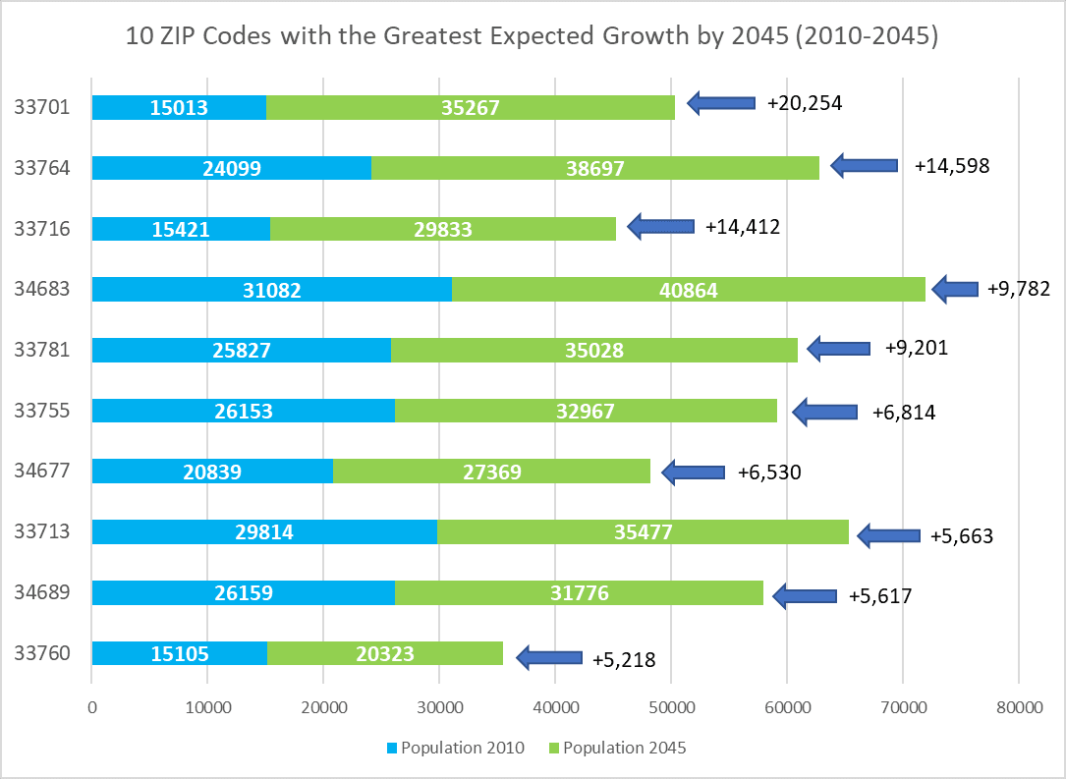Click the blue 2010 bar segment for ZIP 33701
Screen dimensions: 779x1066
(x=179, y=107)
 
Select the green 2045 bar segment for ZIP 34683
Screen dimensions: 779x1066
(x=688, y=290)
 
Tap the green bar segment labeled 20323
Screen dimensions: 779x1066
(x=384, y=654)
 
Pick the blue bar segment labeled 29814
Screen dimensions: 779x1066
(x=264, y=532)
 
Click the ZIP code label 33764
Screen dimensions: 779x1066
(x=41, y=167)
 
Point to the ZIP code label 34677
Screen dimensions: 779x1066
(x=41, y=471)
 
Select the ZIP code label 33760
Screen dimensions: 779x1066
(x=41, y=653)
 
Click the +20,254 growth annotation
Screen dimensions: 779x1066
(x=805, y=102)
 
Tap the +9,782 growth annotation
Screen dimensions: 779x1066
(x=1017, y=289)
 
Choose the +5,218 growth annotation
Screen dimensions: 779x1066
(x=624, y=659)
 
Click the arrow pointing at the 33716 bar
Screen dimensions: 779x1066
(x=661, y=227)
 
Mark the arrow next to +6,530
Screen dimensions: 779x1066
(x=694, y=473)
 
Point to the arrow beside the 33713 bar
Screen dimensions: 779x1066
(x=888, y=535)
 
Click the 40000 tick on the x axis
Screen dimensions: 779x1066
(x=555, y=705)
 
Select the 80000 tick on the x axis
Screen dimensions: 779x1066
(x=1018, y=705)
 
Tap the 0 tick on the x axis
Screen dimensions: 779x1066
(x=92, y=705)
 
